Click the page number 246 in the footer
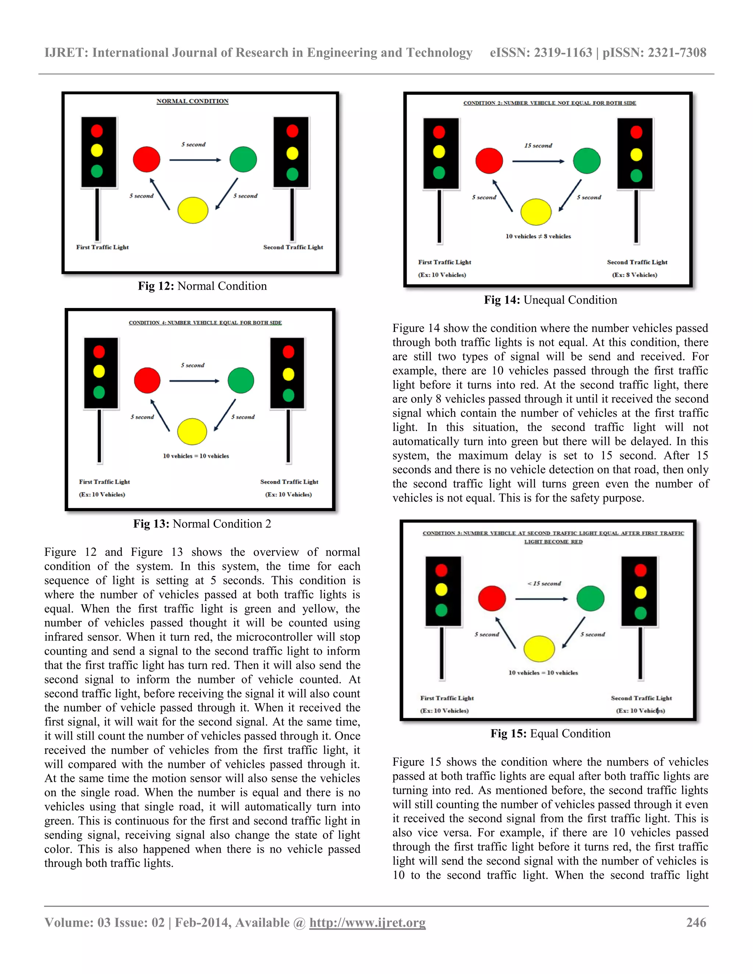(696, 922)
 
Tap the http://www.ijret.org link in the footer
(367, 922)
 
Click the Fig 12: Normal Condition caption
(202, 286)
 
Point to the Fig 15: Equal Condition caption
(550, 734)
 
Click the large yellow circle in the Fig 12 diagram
(193, 210)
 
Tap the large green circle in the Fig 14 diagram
(586, 161)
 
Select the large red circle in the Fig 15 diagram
(492, 598)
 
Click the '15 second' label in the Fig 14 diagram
(538, 146)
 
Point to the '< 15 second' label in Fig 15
(544, 583)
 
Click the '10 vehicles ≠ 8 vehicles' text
(538, 236)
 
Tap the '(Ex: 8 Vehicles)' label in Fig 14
(634, 275)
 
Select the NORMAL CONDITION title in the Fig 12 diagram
(192, 101)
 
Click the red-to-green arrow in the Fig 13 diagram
(194, 381)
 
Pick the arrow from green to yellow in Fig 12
(226, 194)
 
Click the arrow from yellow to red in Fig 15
(506, 633)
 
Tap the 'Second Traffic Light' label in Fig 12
(293, 247)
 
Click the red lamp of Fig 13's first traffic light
(99, 352)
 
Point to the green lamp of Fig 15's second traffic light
(640, 613)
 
